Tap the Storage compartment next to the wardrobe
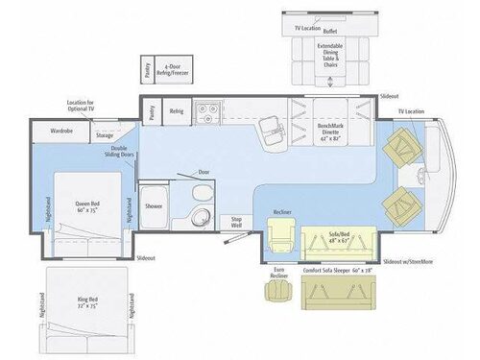(105, 136)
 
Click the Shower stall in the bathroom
(154, 204)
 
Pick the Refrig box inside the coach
(177, 111)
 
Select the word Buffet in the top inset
(330, 31)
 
